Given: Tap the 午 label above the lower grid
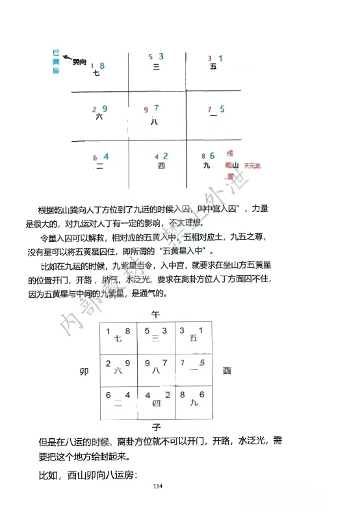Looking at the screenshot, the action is click(x=155, y=314).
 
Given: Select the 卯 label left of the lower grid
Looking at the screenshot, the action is click(x=84, y=371).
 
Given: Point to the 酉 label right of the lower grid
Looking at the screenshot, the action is click(x=227, y=371).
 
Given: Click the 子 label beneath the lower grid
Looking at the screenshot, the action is click(x=156, y=427).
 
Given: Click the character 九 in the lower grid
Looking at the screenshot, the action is click(x=194, y=404).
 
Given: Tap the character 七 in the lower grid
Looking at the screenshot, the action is click(x=118, y=338).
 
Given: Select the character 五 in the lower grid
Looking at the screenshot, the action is click(x=193, y=338).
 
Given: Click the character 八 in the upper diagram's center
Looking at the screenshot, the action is click(x=154, y=120).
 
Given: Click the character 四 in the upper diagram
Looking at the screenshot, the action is click(x=161, y=166).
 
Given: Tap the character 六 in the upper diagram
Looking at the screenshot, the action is click(x=99, y=117).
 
